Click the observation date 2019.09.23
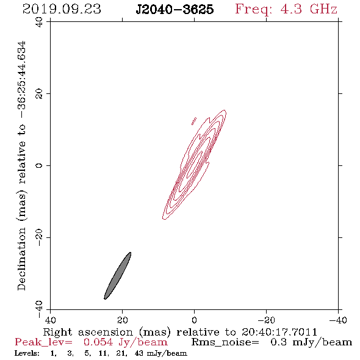click(x=62, y=9)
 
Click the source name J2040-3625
click(x=175, y=9)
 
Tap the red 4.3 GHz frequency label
click(x=286, y=9)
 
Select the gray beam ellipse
click(x=118, y=276)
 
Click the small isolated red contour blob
click(x=194, y=121)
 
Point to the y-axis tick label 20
click(x=39, y=94)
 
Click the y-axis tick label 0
click(x=39, y=165)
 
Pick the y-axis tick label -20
click(x=39, y=237)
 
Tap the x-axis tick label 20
click(x=123, y=320)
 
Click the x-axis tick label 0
click(x=194, y=320)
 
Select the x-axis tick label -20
click(x=266, y=320)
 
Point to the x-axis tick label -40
click(x=338, y=320)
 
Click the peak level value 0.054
click(x=98, y=342)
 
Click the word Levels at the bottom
click(x=27, y=353)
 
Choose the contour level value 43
click(x=139, y=353)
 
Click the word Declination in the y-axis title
click(x=21, y=259)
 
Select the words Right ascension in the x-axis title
click(x=88, y=332)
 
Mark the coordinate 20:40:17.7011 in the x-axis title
click(x=279, y=332)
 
